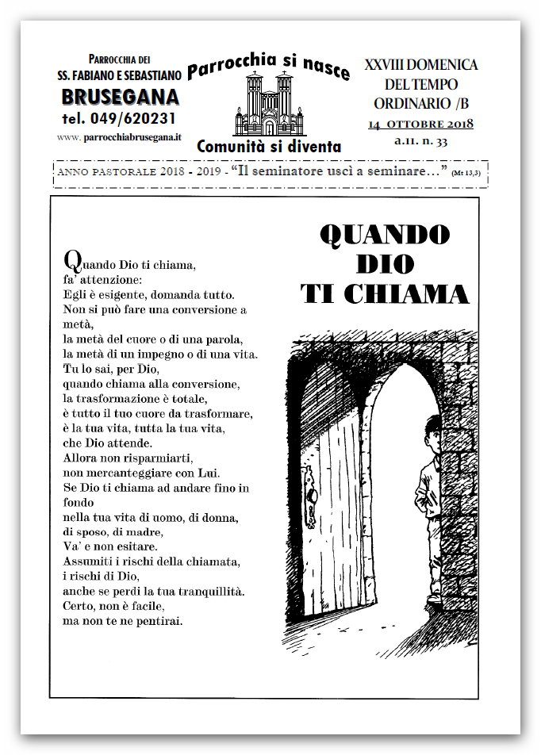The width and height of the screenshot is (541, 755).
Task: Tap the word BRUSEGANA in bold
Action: (120, 98)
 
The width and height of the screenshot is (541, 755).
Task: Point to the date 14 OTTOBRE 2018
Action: (421, 125)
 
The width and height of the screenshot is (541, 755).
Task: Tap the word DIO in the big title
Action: (386, 264)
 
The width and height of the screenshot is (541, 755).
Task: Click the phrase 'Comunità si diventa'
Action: (269, 146)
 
